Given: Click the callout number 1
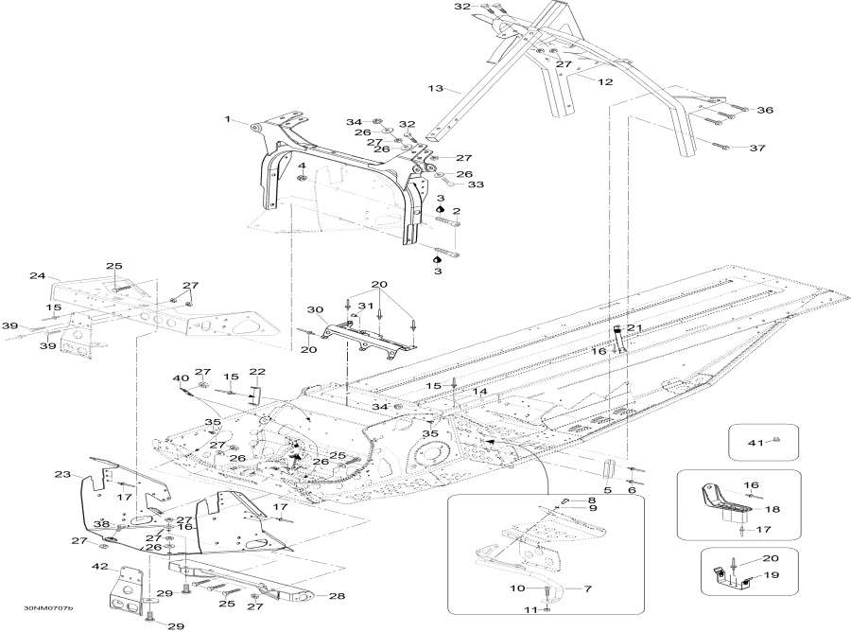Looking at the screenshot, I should point(228,119).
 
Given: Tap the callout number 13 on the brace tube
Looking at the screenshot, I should point(436,88).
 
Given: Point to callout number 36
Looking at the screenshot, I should point(764,111).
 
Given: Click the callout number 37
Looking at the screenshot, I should point(756,149).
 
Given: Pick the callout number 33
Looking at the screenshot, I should point(475,184).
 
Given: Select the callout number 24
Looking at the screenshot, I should point(38,276).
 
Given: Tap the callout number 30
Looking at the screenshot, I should point(315,309).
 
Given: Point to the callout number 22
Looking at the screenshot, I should point(257,371).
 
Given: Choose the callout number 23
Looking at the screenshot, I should point(62,475).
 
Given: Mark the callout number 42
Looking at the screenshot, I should point(99,567).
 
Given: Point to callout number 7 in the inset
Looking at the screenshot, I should point(588,589).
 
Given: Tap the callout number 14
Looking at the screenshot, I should point(480,391).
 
